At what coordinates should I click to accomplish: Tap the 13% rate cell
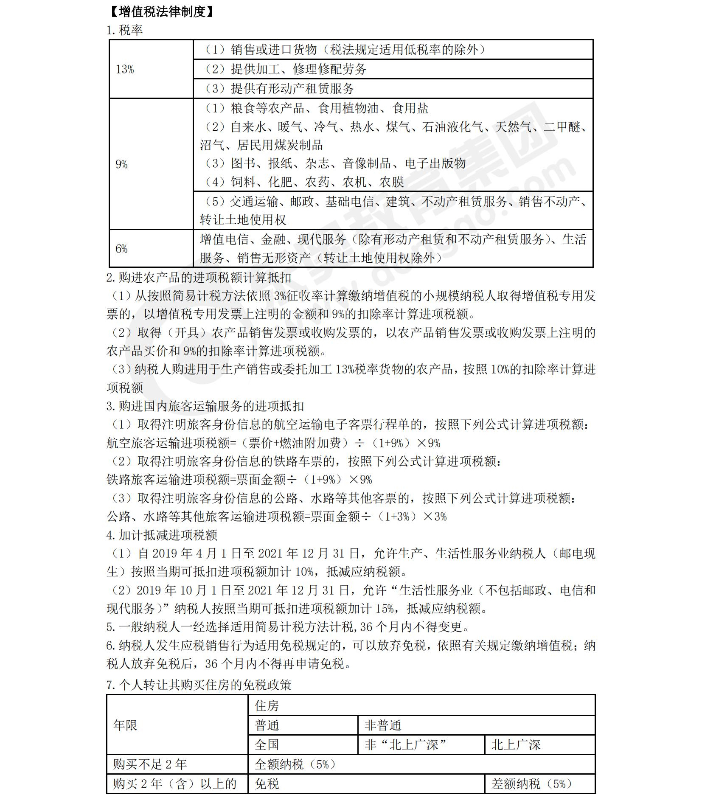point(125,69)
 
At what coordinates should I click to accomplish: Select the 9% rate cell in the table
point(121,164)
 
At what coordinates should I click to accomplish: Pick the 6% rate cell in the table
point(121,249)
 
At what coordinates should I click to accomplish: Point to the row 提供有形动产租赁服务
point(279,89)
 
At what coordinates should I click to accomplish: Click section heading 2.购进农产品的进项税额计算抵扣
point(199,278)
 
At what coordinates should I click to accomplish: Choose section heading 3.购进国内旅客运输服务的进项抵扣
point(205,406)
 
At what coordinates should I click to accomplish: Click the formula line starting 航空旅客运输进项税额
point(273,443)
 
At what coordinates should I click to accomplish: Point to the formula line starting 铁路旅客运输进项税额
point(239,480)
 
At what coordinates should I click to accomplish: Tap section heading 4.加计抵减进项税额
point(162,535)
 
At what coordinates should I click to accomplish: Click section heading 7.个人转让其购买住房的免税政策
point(199,685)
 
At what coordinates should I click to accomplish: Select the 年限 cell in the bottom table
point(125,725)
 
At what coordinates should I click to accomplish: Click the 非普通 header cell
point(383,725)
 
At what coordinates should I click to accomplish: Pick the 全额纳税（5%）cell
point(295,764)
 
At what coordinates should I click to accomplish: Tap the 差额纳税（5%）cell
point(531,784)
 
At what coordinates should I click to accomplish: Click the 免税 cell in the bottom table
point(267,784)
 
